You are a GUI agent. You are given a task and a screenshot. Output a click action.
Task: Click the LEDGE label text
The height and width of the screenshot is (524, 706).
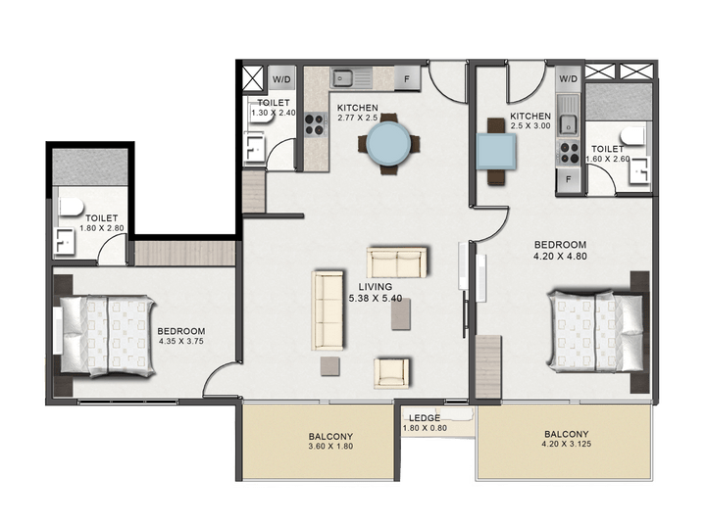pyautogui.click(x=425, y=418)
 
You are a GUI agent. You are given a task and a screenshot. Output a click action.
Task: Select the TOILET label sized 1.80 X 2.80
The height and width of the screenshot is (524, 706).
pyautogui.click(x=102, y=219)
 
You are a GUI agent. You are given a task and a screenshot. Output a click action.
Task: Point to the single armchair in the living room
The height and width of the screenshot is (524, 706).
pyautogui.click(x=392, y=370)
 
